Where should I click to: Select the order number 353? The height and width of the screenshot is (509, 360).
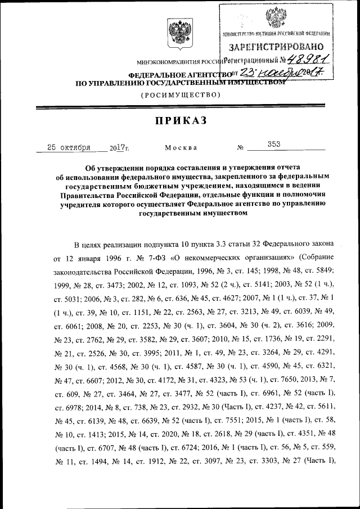274,145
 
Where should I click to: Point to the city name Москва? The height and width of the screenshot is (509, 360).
181,147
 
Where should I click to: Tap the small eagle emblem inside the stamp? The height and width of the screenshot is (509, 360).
276,17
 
